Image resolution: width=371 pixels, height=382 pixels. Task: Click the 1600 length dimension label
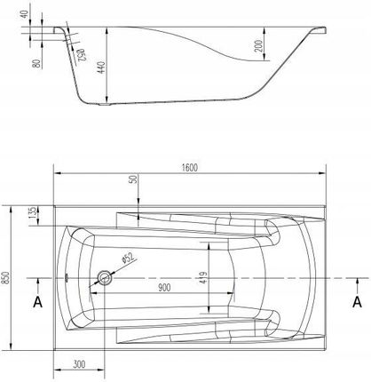pos(189,168)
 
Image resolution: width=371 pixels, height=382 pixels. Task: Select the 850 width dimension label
pos(6,278)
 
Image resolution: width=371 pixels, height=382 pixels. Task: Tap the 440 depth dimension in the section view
pos(101,68)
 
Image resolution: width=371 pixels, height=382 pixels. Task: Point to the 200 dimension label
pos(259,46)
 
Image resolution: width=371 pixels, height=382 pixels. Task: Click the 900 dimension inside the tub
pos(164,288)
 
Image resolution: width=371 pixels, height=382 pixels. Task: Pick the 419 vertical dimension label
pos(203,278)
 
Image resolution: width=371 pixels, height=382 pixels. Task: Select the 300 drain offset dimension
pos(79,364)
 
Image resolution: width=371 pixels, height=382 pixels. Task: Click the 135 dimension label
pos(33,212)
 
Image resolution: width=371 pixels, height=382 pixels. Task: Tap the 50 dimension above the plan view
pos(134,179)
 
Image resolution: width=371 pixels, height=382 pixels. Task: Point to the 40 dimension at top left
pos(25,14)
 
